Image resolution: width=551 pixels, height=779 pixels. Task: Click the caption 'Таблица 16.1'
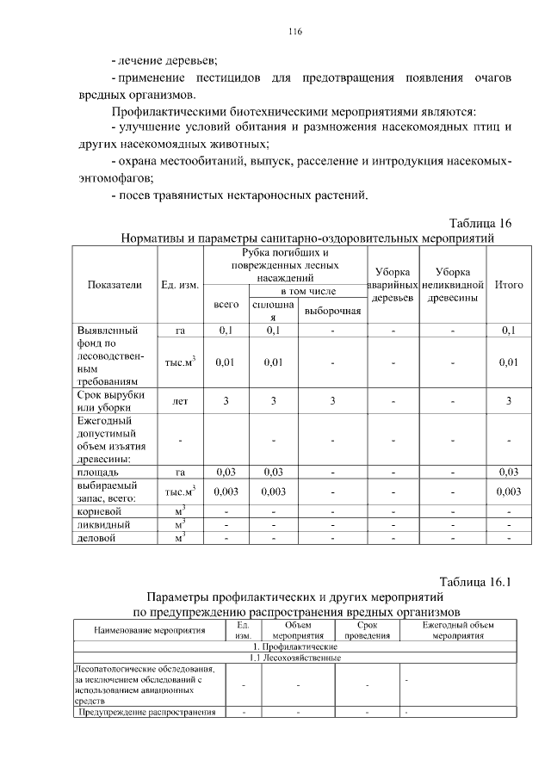coord(475,581)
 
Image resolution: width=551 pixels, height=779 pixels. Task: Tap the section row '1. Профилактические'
coord(294,646)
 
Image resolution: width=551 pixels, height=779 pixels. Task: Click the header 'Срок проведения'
coord(367,631)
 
